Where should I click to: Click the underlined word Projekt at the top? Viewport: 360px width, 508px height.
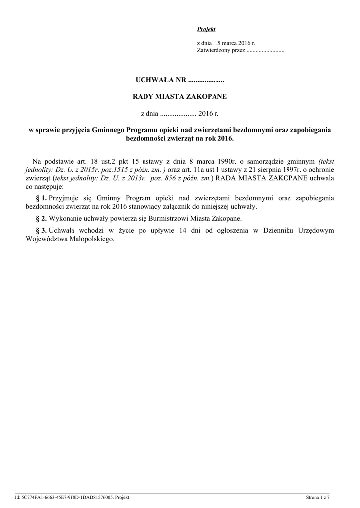tap(206, 30)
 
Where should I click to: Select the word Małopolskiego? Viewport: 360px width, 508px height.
tap(91, 239)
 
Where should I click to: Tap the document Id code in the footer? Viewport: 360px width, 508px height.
tap(72, 497)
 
